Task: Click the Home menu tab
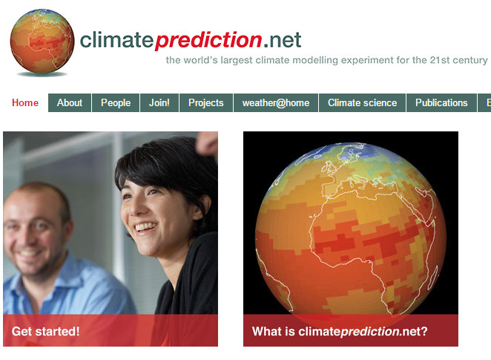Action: [x=25, y=103]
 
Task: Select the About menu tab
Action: [x=70, y=103]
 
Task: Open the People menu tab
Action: [x=116, y=103]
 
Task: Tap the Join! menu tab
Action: [x=159, y=103]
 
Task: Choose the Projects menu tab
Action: [x=206, y=103]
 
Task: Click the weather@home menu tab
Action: [x=276, y=103]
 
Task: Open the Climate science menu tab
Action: [x=363, y=103]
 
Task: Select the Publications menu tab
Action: [x=441, y=103]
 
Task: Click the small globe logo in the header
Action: [x=42, y=42]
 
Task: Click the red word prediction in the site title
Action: [x=208, y=39]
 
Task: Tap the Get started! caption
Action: [x=46, y=332]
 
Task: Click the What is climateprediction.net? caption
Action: [x=340, y=332]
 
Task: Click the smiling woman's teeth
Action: [x=145, y=227]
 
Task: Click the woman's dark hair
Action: [x=163, y=160]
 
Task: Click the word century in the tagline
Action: [x=469, y=60]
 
